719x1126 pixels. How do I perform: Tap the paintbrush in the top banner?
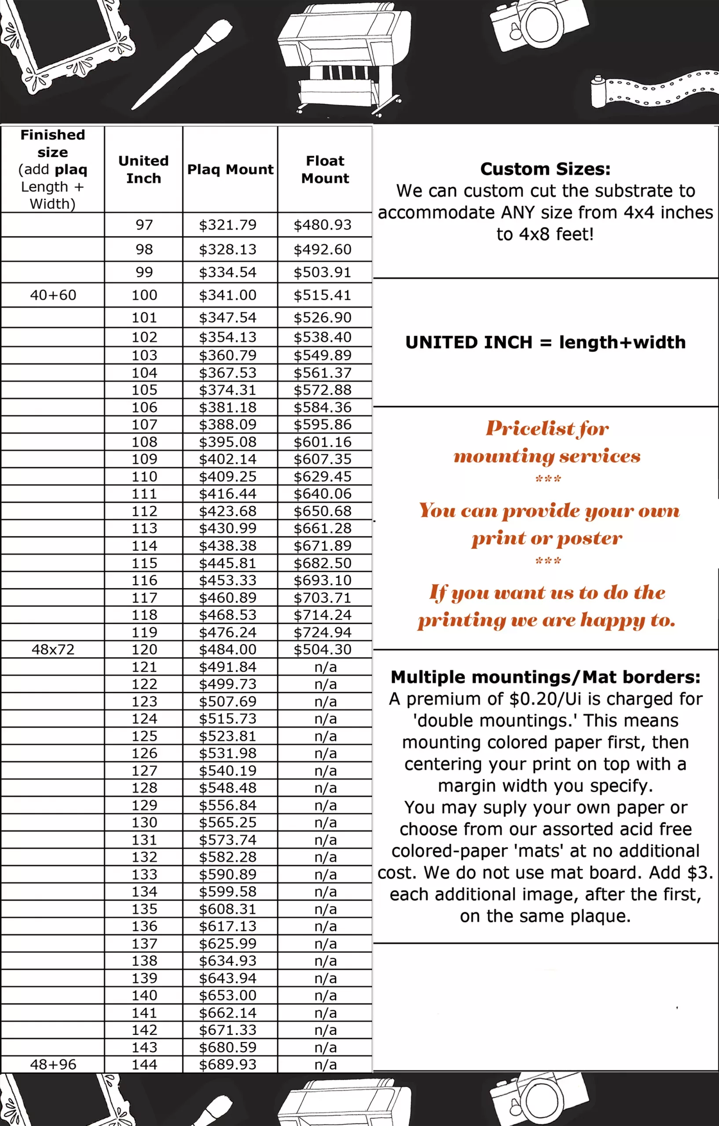pyautogui.click(x=183, y=64)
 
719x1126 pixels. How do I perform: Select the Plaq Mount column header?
pyautogui.click(x=230, y=169)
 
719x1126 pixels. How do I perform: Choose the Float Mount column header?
pyautogui.click(x=325, y=169)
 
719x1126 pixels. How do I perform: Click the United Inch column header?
pyautogui.click(x=143, y=169)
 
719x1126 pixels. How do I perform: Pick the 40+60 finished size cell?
pyautogui.click(x=53, y=295)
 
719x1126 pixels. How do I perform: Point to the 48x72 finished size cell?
pyautogui.click(x=53, y=649)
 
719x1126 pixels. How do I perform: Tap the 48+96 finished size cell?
pyautogui.click(x=53, y=1064)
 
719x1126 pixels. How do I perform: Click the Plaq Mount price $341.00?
pyautogui.click(x=228, y=295)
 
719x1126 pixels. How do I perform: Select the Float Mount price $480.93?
pyautogui.click(x=322, y=225)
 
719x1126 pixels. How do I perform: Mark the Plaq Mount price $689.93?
pyautogui.click(x=228, y=1064)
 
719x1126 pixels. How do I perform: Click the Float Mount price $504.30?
pyautogui.click(x=322, y=649)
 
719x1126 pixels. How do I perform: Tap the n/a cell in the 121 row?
pyautogui.click(x=325, y=667)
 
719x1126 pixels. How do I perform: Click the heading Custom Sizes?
pyautogui.click(x=545, y=169)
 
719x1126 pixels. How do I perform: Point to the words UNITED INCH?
pyautogui.click(x=468, y=342)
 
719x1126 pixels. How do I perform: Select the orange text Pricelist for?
pyautogui.click(x=547, y=428)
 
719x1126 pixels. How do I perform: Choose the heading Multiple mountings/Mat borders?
pyautogui.click(x=546, y=676)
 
